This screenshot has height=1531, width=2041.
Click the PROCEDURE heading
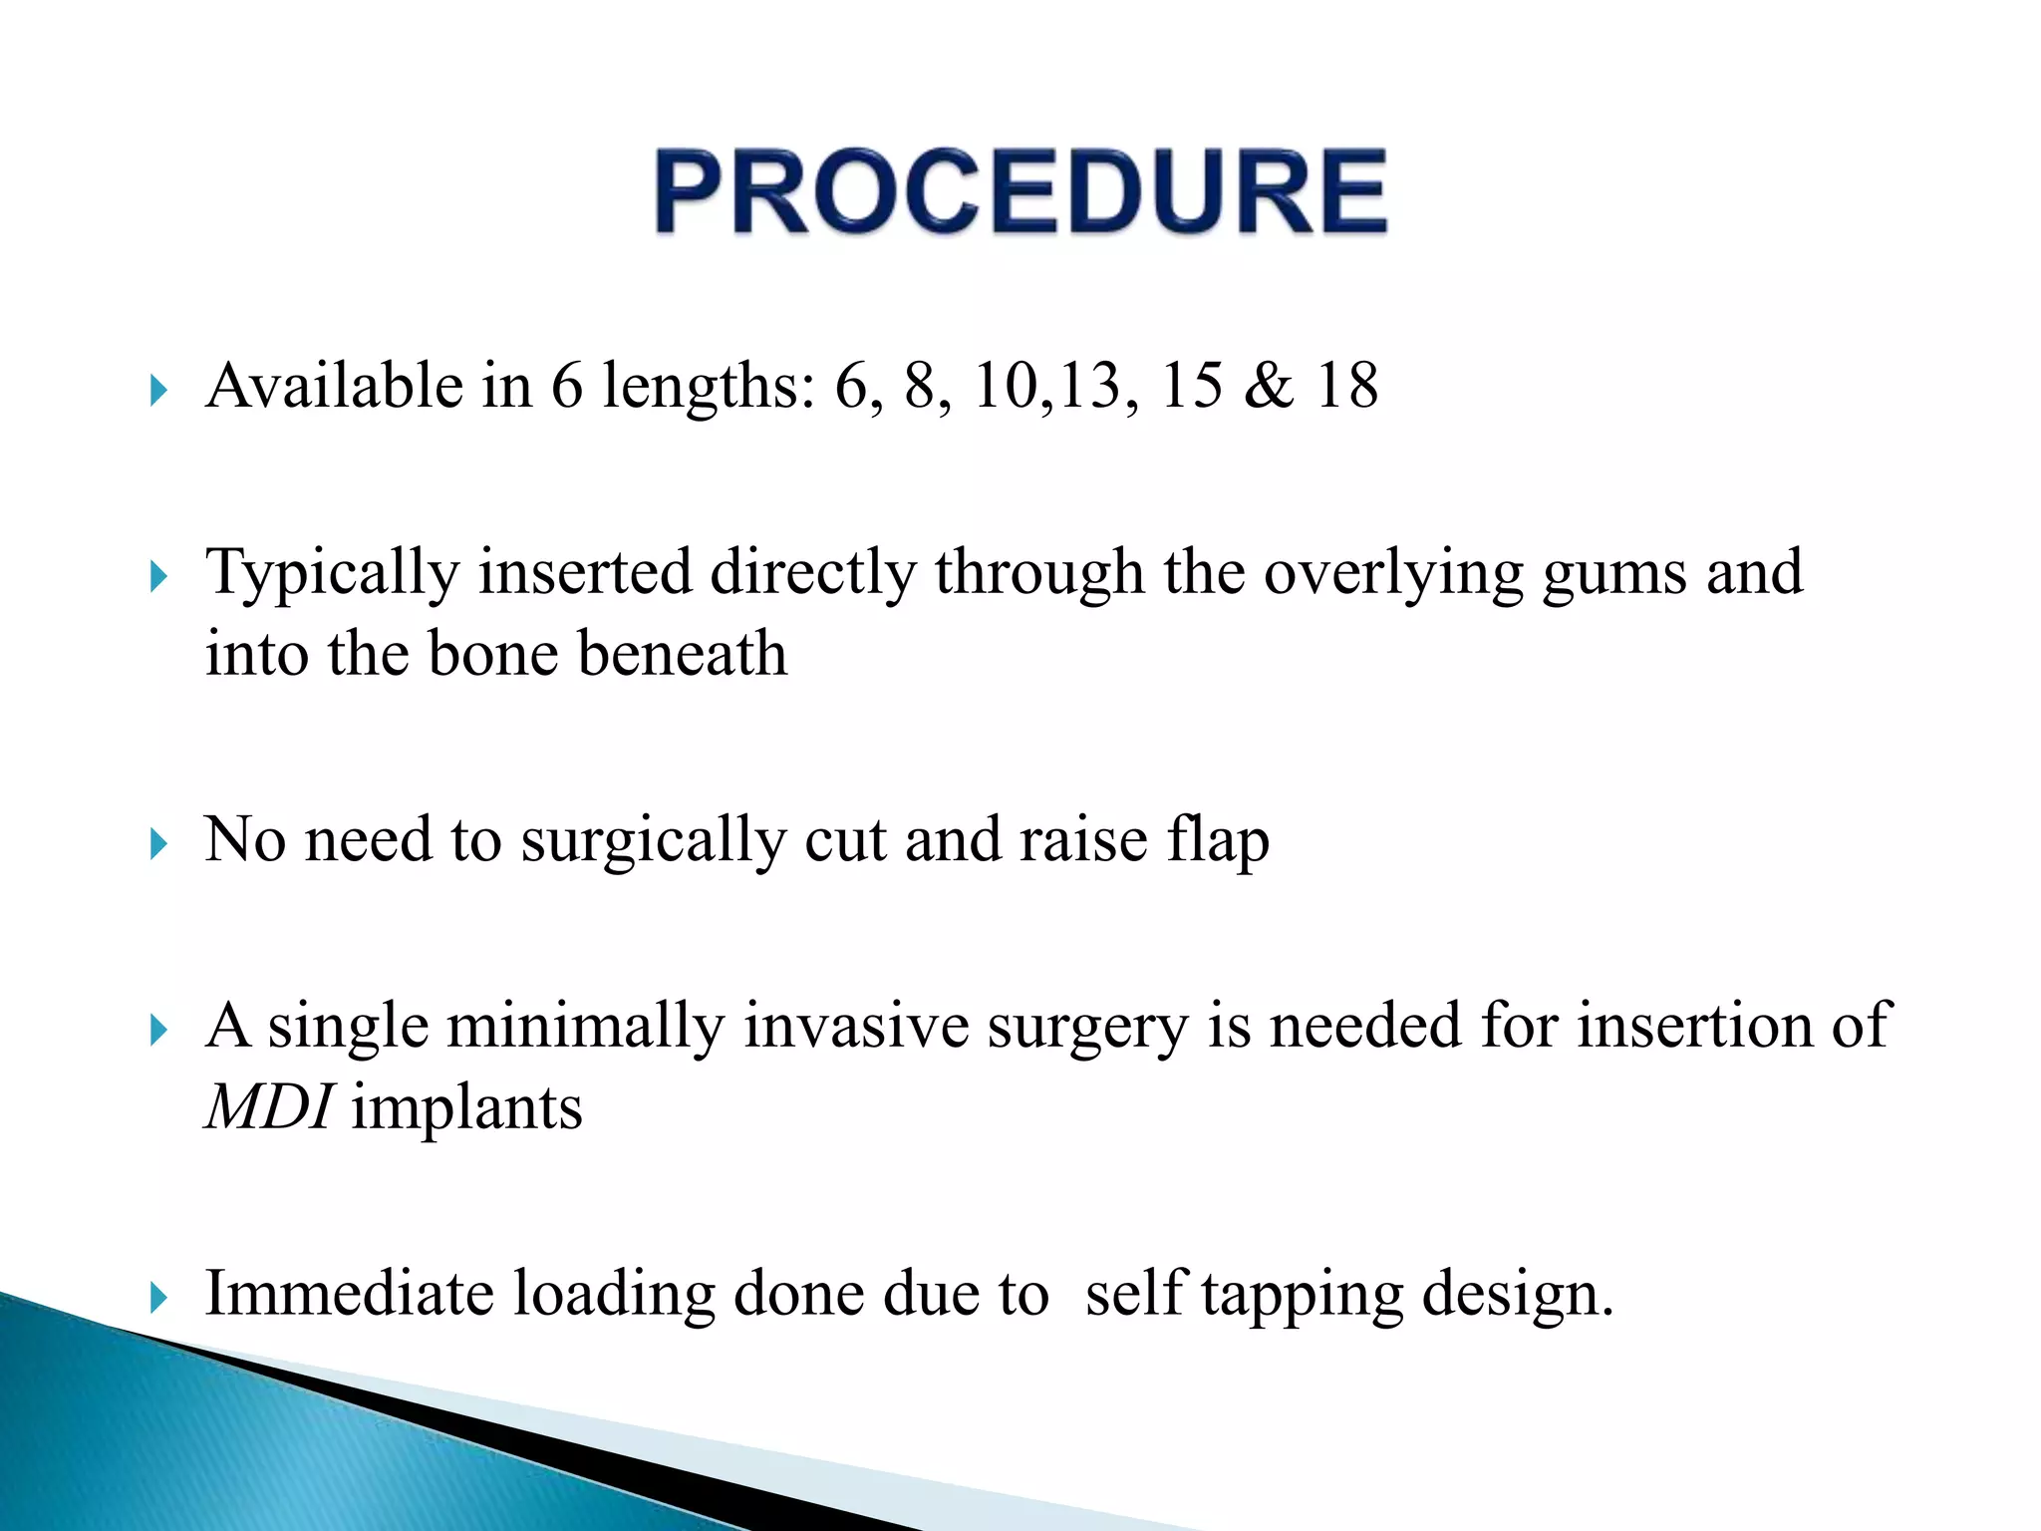(1020, 191)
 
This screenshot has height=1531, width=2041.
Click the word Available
(334, 386)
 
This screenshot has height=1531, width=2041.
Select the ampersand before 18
(1268, 386)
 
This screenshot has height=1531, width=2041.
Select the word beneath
(683, 654)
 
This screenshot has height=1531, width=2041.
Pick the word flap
(1218, 840)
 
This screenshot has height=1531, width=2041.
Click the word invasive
(856, 1027)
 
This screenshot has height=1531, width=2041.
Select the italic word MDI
(268, 1107)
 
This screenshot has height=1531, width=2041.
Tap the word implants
(466, 1108)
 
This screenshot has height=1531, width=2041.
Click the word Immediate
(349, 1294)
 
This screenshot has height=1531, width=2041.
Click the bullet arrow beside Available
(158, 391)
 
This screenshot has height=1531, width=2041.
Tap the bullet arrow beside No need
(158, 845)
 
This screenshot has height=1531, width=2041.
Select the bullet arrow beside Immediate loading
(158, 1298)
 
